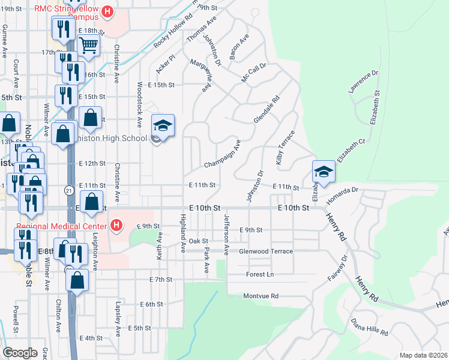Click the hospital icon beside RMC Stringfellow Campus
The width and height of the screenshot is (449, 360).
[x=107, y=11]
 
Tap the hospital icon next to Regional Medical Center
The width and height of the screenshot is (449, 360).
[x=117, y=226]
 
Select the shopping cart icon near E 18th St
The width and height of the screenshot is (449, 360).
[x=88, y=44]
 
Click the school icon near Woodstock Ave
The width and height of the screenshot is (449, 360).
[x=163, y=125]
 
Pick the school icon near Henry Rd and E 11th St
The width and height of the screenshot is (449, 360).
[x=323, y=170]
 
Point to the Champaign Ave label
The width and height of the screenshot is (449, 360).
[x=222, y=155]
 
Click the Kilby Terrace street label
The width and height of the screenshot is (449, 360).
[x=286, y=147]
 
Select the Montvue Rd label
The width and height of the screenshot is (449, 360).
[x=261, y=296]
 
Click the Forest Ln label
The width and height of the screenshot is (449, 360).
[x=260, y=274]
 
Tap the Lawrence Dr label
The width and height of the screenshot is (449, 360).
[x=364, y=82]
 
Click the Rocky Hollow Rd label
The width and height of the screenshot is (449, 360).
[x=172, y=30]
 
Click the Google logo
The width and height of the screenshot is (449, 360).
[x=20, y=353]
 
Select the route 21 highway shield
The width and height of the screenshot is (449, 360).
[x=69, y=190]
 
